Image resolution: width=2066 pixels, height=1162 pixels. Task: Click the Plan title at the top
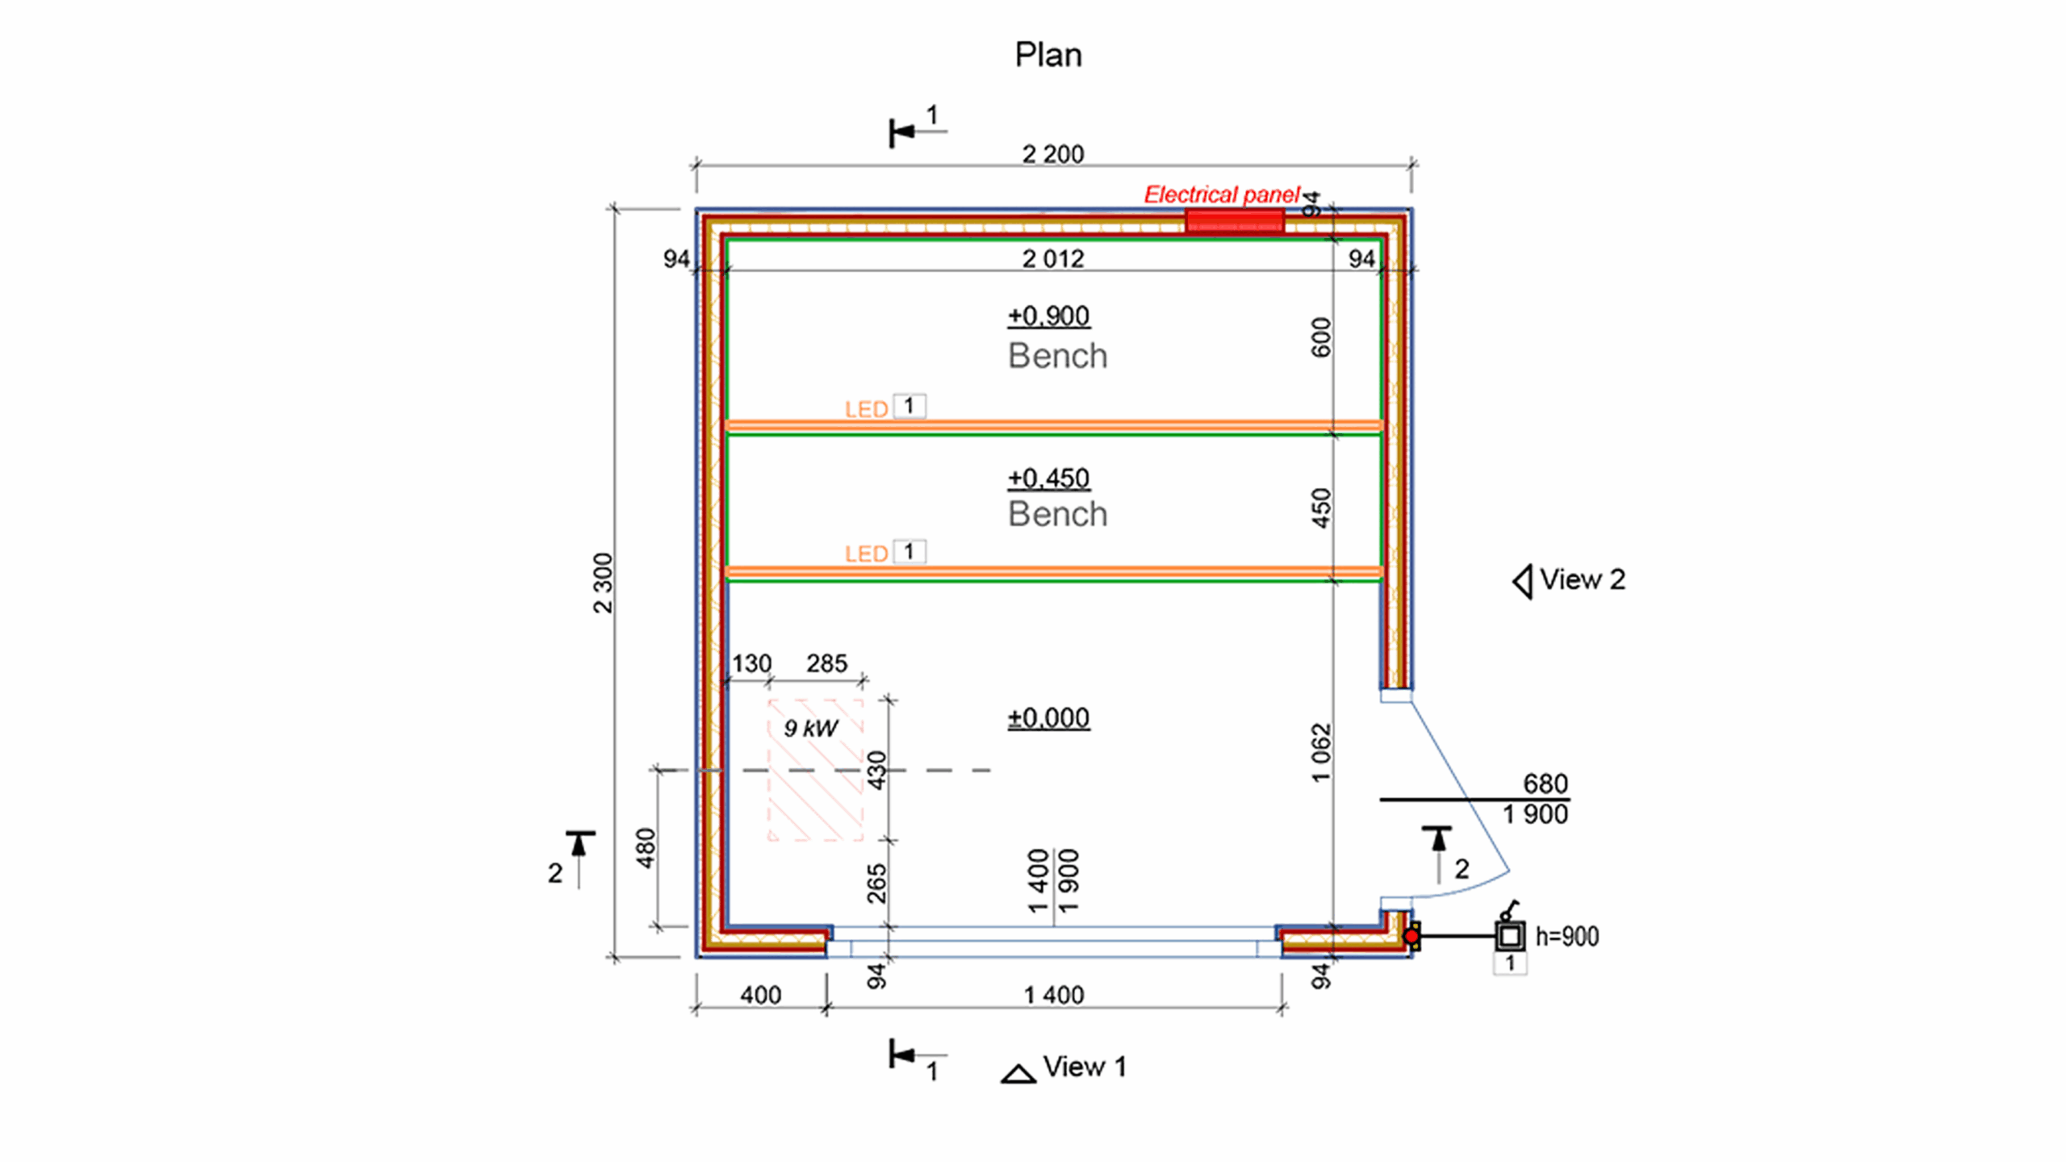coord(1048,55)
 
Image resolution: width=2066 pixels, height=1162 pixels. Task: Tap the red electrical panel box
coord(1234,220)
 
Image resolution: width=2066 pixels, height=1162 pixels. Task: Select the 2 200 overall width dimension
coord(1052,153)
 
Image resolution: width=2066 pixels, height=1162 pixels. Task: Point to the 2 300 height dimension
coord(603,583)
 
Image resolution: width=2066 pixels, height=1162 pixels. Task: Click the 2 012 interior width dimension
coord(1052,258)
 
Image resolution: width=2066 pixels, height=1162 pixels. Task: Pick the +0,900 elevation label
coord(1048,316)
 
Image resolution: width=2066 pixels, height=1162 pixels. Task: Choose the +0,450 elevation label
coord(1048,478)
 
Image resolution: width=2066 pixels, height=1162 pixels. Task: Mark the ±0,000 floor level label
coord(1048,717)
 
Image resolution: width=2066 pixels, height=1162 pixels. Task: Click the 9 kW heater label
coord(811,728)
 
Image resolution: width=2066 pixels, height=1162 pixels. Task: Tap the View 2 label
coord(1581,579)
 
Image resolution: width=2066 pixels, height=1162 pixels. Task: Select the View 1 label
coord(1084,1067)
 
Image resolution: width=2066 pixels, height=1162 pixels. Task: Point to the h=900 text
coord(1566,936)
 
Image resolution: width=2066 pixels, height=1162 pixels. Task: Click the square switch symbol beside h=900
coord(1510,936)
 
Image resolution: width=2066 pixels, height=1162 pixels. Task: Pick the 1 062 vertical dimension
coord(1320,752)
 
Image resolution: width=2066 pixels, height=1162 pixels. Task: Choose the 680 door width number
coord(1545,784)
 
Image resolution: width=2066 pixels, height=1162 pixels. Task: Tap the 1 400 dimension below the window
coord(1053,995)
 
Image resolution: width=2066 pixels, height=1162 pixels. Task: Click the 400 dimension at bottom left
coord(760,995)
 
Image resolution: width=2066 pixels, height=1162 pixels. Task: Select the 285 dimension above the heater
coord(826,663)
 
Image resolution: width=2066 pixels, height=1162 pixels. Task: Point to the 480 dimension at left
coord(646,848)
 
